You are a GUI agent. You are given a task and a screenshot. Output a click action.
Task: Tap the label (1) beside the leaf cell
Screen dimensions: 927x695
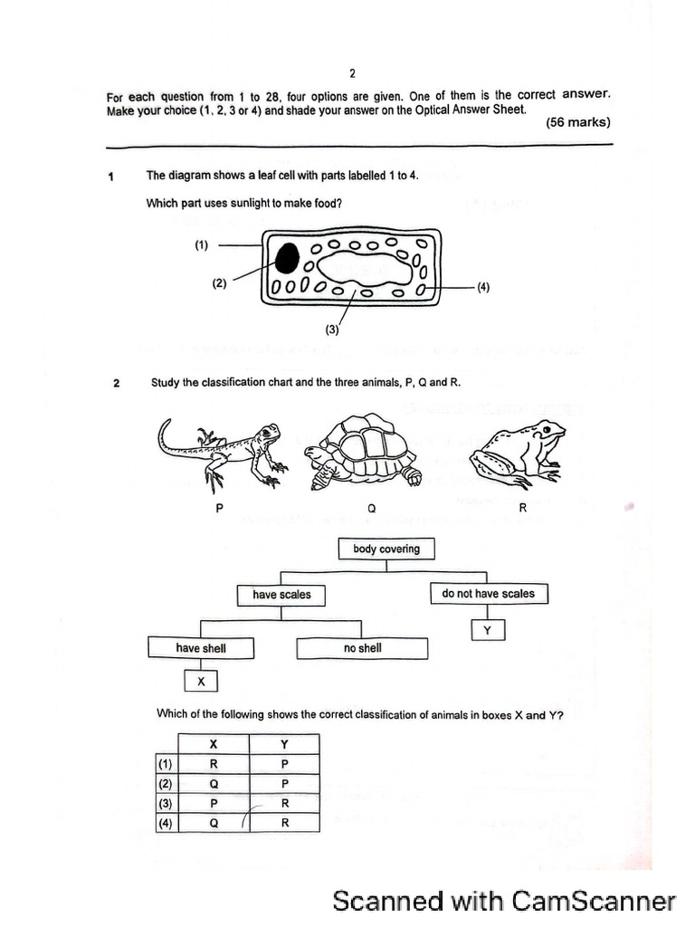click(x=201, y=244)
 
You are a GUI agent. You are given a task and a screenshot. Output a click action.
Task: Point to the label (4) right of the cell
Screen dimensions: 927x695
click(x=483, y=287)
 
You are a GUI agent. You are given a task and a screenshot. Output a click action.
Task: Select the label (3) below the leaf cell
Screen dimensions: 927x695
click(x=333, y=330)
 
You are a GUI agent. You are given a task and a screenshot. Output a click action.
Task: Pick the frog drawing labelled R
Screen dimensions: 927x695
click(x=519, y=449)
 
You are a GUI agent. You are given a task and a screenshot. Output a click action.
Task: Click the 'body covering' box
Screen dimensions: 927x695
click(x=386, y=549)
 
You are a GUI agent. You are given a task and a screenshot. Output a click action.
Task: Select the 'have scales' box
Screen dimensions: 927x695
click(x=281, y=595)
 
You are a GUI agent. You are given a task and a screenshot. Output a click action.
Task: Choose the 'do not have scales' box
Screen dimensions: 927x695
click(x=489, y=594)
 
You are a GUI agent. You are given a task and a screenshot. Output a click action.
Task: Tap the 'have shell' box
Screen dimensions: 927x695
click(x=201, y=648)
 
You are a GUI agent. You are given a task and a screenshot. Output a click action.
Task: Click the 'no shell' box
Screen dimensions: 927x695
click(x=362, y=648)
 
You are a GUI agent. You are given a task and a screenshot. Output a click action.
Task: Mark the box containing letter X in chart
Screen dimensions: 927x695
click(x=201, y=682)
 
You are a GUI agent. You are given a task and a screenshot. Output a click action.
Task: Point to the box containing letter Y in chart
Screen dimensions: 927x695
click(x=488, y=631)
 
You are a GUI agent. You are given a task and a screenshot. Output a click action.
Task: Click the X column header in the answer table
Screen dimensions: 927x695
click(x=214, y=744)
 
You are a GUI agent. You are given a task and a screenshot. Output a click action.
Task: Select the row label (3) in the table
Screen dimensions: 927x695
click(x=165, y=803)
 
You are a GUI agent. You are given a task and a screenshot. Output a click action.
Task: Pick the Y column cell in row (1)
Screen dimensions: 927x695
click(x=284, y=763)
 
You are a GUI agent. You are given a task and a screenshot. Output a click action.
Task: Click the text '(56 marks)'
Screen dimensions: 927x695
click(x=578, y=123)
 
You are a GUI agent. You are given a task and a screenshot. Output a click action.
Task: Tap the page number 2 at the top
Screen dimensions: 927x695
click(x=352, y=73)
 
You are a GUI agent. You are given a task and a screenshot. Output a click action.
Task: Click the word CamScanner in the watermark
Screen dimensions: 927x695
click(x=594, y=901)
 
